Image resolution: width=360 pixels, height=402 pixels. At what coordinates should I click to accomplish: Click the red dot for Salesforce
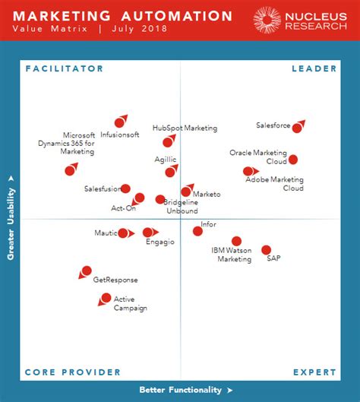(x=298, y=126)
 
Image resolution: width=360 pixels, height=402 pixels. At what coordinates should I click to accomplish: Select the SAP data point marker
(x=267, y=249)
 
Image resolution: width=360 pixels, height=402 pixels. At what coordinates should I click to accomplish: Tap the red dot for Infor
(x=197, y=231)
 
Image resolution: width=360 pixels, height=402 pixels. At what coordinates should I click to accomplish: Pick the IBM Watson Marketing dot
(x=237, y=241)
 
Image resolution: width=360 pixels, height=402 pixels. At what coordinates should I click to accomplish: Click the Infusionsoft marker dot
(x=119, y=122)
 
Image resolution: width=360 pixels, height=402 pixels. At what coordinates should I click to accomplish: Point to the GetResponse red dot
(x=87, y=271)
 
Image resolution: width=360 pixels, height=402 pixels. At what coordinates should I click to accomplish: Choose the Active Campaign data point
(x=106, y=298)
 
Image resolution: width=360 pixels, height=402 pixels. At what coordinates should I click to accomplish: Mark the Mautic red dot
(x=123, y=233)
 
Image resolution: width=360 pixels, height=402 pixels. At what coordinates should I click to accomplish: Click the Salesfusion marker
(x=125, y=188)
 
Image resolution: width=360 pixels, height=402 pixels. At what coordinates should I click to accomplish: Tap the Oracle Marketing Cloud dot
(x=293, y=160)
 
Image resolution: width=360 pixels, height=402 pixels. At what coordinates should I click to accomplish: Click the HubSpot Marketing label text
(x=185, y=128)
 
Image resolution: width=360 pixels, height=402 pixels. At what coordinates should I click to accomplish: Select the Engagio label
(x=160, y=242)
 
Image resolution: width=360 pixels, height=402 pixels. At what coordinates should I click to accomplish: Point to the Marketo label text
(x=207, y=195)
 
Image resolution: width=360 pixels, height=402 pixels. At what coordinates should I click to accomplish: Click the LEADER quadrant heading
(x=314, y=69)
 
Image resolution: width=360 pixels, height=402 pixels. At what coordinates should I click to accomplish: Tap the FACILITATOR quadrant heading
(x=64, y=69)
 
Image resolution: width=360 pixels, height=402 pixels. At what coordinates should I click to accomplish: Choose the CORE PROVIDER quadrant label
(x=73, y=372)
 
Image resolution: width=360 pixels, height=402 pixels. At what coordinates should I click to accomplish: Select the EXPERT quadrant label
(x=314, y=372)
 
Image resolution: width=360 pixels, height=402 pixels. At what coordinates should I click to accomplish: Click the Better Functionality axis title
(x=181, y=390)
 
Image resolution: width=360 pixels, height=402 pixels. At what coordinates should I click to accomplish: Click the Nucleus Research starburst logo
(x=267, y=20)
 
